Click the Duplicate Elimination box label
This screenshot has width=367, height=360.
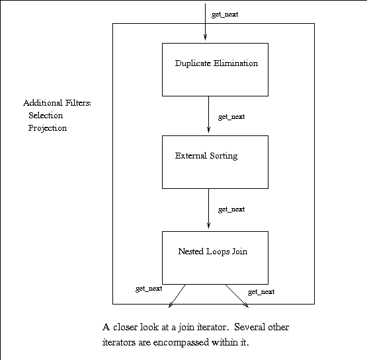[216, 63]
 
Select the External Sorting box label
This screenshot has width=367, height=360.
[206, 156]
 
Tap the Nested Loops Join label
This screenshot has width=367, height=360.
[212, 252]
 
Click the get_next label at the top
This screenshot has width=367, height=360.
[225, 15]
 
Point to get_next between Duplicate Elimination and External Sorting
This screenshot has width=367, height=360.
[231, 117]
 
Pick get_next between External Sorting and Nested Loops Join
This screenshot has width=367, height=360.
[231, 209]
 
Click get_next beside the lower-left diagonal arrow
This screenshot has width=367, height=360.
[149, 289]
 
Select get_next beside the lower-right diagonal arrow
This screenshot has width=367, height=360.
[261, 292]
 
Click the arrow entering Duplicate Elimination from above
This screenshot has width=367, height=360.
[205, 22]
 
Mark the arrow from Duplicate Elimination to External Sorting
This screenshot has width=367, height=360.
[208, 114]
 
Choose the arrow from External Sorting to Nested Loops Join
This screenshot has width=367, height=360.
[208, 209]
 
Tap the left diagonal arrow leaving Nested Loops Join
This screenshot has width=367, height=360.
[177, 296]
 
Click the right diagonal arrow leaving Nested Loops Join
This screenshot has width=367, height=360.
[237, 296]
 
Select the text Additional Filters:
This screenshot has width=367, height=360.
[57, 103]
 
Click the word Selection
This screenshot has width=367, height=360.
[46, 116]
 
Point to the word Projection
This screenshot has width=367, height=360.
[48, 128]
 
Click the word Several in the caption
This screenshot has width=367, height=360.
[249, 327]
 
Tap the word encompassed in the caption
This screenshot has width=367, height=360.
[181, 342]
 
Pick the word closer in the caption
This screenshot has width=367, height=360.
[125, 327]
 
